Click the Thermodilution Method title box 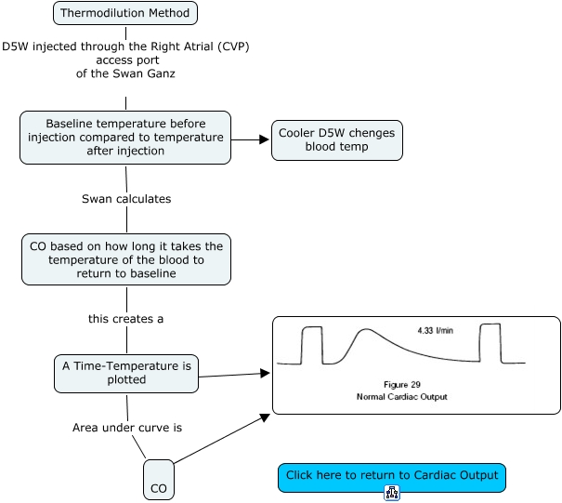(x=125, y=13)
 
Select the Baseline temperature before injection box (x=125, y=138)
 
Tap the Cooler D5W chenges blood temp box (x=336, y=139)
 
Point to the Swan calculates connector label (x=125, y=199)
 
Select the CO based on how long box (x=125, y=259)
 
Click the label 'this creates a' (x=125, y=319)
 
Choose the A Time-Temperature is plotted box (x=125, y=373)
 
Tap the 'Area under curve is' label (x=126, y=429)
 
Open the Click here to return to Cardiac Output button (x=392, y=476)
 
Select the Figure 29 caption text (x=402, y=384)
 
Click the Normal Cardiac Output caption (x=402, y=397)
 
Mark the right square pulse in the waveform (x=490, y=343)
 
